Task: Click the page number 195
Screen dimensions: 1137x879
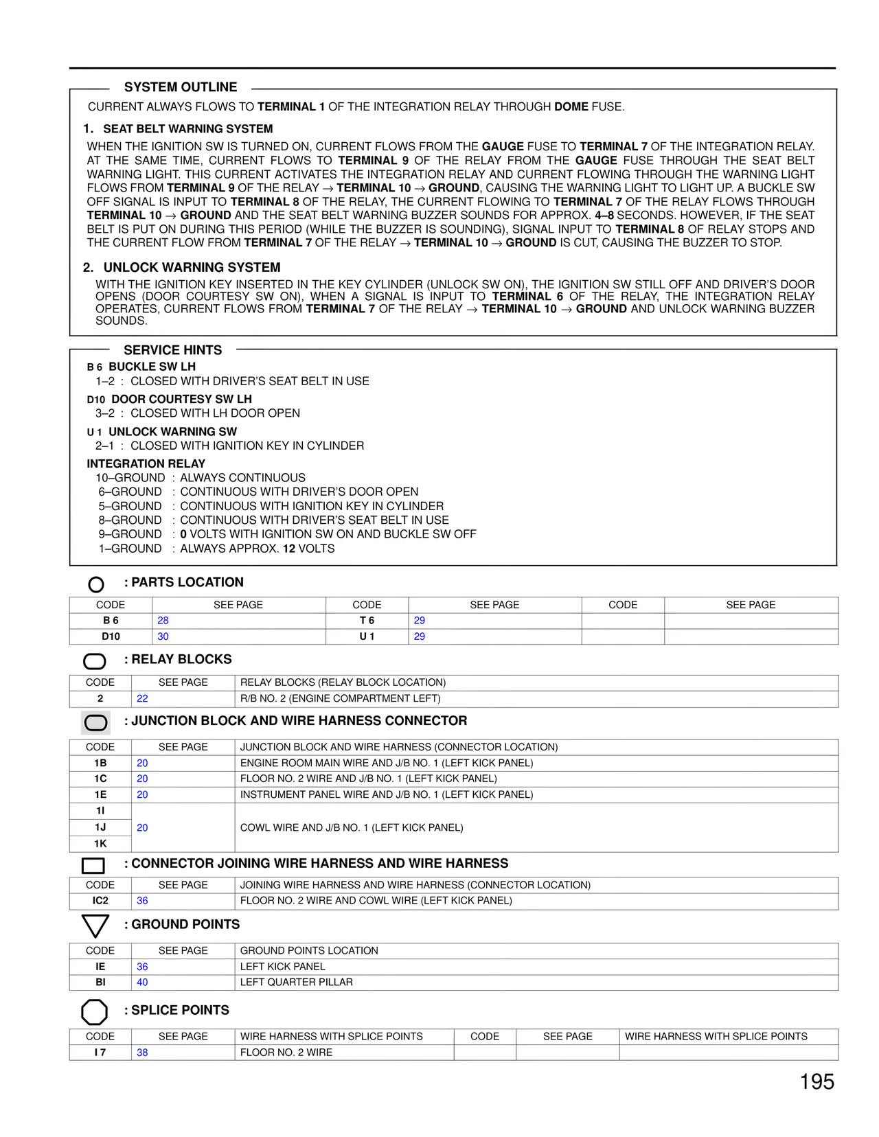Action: (817, 1082)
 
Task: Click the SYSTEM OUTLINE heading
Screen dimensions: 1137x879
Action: (181, 87)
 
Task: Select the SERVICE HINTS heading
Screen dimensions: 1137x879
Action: (173, 350)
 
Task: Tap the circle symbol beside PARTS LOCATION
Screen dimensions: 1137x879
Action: (96, 584)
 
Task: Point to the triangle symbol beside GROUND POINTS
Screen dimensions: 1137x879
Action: (95, 926)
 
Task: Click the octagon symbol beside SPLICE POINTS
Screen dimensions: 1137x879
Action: (95, 1011)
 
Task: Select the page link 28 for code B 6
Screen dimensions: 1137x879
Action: (163, 621)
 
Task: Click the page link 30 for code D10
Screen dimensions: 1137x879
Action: (163, 636)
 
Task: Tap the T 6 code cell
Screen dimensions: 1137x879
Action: (367, 621)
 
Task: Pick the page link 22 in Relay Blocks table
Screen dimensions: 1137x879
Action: (142, 698)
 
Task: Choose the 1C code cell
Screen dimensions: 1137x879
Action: (100, 779)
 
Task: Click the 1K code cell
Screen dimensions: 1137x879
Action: (100, 844)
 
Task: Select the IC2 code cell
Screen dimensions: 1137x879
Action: (100, 901)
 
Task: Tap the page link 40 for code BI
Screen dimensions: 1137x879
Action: (142, 983)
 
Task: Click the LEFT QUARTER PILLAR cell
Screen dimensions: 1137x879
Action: (297, 983)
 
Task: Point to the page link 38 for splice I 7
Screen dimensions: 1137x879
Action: (142, 1053)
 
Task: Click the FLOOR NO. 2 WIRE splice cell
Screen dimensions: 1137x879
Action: (286, 1053)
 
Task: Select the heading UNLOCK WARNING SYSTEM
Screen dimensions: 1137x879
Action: (192, 268)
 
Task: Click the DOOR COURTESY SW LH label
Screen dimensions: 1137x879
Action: (181, 400)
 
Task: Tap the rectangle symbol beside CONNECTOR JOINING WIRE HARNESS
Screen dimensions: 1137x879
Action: (93, 865)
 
